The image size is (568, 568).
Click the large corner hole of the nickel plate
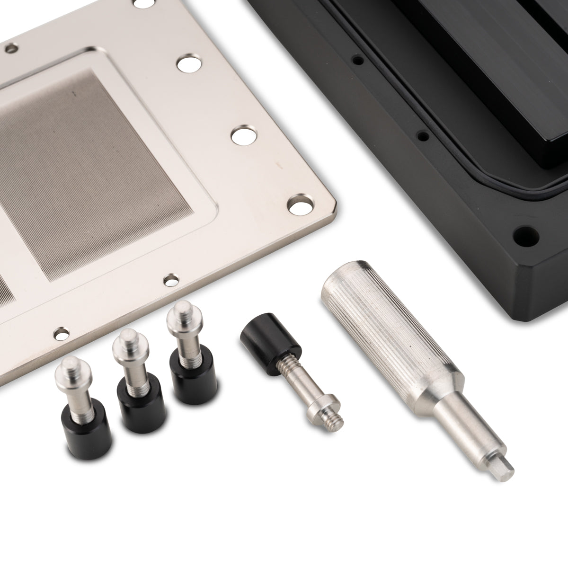click(301, 203)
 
